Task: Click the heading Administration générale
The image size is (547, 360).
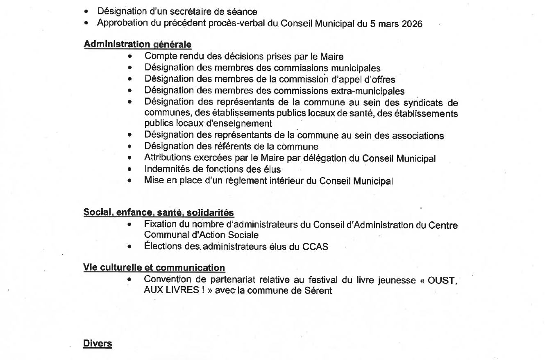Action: (x=137, y=44)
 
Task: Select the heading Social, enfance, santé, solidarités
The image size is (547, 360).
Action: (x=159, y=212)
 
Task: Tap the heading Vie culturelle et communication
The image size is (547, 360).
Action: (x=154, y=268)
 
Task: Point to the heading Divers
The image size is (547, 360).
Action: (x=98, y=343)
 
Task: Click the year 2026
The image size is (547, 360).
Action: (x=412, y=24)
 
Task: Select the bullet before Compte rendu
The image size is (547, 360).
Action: (x=129, y=57)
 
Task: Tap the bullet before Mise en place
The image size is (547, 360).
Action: (x=129, y=181)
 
